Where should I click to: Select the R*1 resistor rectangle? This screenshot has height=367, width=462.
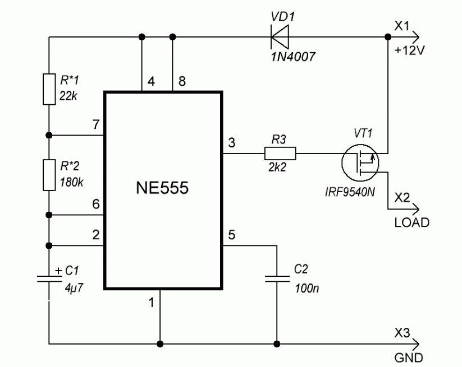click(x=49, y=89)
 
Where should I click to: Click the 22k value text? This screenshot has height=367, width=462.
click(x=67, y=96)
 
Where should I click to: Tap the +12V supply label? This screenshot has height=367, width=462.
click(x=412, y=49)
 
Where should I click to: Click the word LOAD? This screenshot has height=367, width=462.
click(x=411, y=222)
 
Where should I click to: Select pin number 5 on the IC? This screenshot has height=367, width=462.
click(x=231, y=234)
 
